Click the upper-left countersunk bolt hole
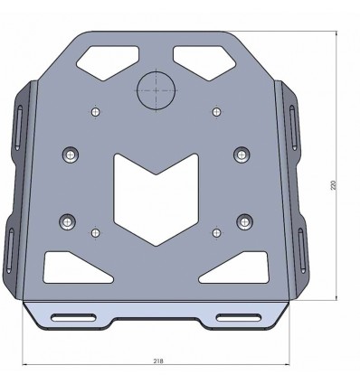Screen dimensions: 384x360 69,154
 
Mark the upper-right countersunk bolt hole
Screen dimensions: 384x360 241,155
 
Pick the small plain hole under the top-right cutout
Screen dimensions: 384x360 215,111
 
